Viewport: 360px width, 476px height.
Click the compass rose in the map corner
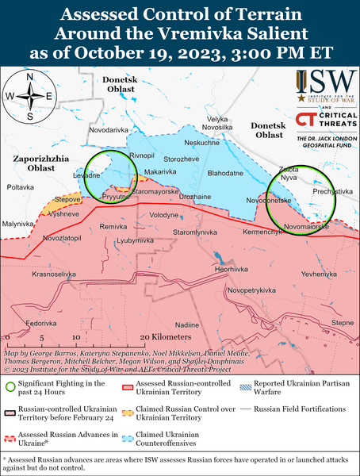29,96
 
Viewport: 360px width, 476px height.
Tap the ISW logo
324,83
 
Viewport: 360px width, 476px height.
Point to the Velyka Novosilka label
217,123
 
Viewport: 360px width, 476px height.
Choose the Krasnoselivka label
54,274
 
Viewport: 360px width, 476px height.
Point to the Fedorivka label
41,324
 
